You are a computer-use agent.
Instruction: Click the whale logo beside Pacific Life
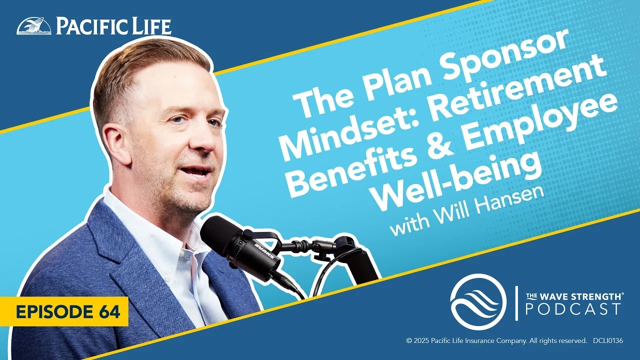coord(34,26)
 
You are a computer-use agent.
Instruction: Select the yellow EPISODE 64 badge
coord(64,311)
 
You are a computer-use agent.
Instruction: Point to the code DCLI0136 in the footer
coord(607,341)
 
